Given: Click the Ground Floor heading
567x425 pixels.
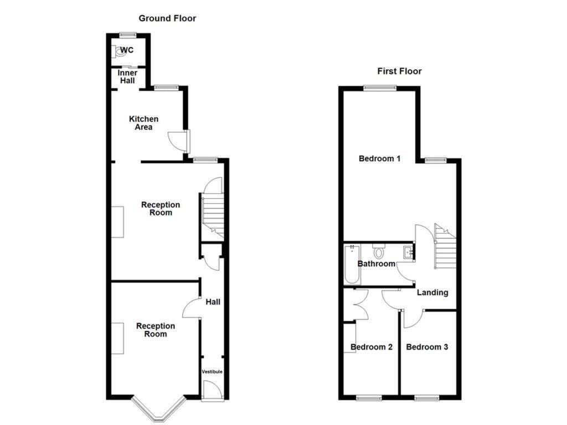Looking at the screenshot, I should [x=167, y=18].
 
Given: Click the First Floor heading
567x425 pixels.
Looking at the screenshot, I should [x=399, y=71].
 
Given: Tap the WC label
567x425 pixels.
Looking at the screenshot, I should [x=127, y=50].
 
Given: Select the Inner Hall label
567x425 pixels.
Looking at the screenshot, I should [x=127, y=77].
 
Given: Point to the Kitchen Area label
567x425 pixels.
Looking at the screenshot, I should [x=143, y=123].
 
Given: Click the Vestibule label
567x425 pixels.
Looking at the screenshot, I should [x=212, y=371].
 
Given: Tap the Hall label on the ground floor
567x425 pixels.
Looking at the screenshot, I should [x=213, y=302].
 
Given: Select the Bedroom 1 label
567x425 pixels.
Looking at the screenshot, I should [x=379, y=159].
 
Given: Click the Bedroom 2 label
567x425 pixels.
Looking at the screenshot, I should [x=372, y=348].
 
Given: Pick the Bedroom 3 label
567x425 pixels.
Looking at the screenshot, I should [x=427, y=348].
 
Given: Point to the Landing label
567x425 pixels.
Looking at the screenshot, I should [x=432, y=293].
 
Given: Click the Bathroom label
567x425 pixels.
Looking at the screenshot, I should [x=376, y=264].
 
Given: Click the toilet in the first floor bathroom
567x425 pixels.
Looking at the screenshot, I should [x=379, y=252].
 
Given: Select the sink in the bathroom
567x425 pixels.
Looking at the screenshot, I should [x=409, y=252].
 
